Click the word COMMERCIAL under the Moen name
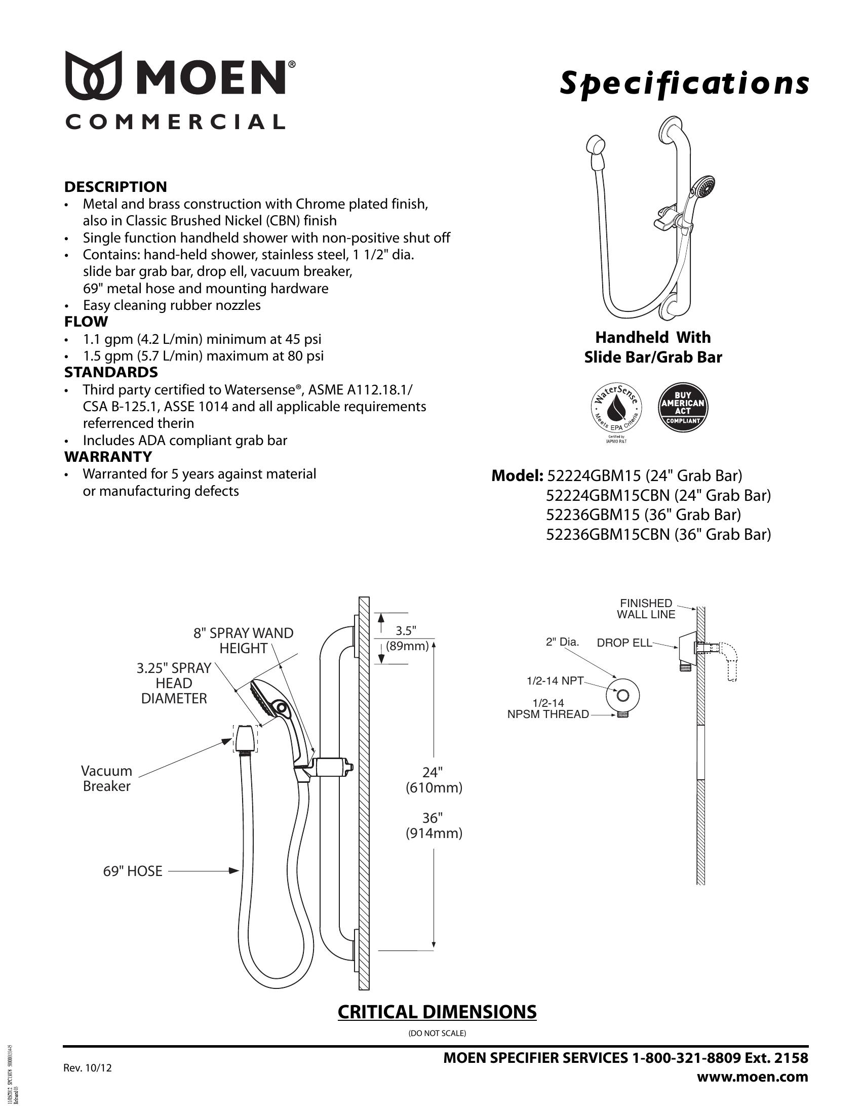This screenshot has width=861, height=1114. (175, 123)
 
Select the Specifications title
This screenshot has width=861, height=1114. (684, 84)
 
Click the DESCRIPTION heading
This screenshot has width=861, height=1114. (116, 187)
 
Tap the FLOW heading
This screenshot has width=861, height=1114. (86, 322)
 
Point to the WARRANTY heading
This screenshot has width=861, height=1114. (108, 457)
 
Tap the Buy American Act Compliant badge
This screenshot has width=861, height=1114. (683, 407)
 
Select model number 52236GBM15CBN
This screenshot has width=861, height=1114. (607, 534)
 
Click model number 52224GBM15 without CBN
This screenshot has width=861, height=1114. (593, 475)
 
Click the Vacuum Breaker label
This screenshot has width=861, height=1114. (106, 778)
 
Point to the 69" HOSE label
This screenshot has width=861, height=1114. (133, 871)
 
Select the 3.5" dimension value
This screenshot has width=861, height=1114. (407, 630)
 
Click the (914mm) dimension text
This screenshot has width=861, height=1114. (434, 833)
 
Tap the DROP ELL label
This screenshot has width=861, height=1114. (624, 643)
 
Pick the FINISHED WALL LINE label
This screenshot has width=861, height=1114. (646, 609)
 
